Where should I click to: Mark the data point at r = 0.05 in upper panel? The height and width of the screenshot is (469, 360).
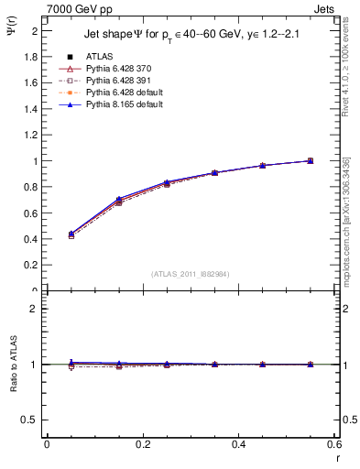coord(71,235)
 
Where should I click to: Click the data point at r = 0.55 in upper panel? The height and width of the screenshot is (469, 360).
coord(311,161)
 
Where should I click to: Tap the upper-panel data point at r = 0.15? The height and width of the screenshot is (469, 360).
coord(118,201)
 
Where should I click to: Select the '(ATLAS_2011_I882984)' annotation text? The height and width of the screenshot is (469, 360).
coord(190,274)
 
